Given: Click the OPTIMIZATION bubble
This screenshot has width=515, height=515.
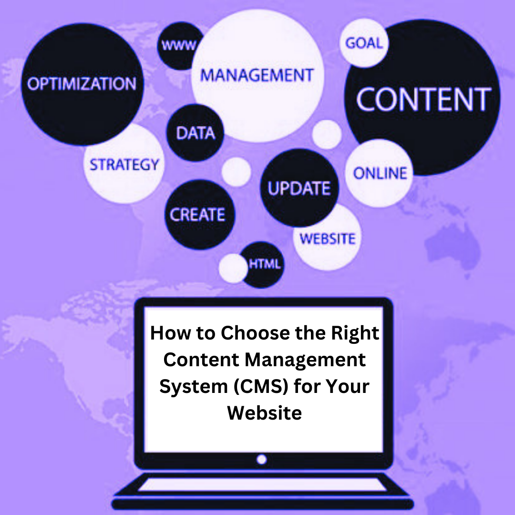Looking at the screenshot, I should point(82,84).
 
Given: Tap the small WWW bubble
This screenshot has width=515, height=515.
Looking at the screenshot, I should point(179,46).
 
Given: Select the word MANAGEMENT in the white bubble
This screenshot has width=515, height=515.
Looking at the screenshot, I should point(257,75).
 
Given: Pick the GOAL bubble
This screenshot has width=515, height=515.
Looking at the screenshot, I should point(364,43).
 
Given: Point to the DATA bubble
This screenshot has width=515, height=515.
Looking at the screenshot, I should point(195,133).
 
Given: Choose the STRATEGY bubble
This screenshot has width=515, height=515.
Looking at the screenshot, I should point(124,165).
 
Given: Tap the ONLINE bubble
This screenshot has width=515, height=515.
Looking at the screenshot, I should point(380,173).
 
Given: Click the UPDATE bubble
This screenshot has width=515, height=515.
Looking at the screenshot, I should point(299,188).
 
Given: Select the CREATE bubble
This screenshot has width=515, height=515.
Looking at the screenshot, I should point(197,215).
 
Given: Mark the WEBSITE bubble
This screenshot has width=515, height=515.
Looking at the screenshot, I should point(328,238).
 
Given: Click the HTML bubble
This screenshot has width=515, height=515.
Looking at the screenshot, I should point(264,264).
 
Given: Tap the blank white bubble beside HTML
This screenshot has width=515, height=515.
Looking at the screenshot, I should point(233,268).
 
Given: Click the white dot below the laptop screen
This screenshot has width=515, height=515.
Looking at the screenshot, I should point(261,460).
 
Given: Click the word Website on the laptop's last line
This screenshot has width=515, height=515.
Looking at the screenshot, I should point(264,412).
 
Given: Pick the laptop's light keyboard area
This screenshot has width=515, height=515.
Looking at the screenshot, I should point(261,484).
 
